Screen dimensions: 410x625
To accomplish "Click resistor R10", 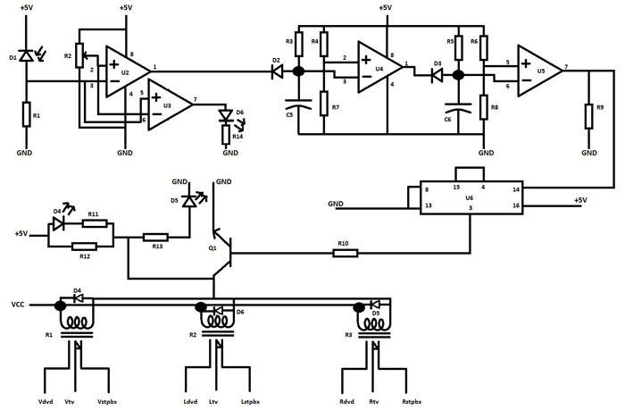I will tap(345, 253).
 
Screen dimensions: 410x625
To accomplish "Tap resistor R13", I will tap(156, 238).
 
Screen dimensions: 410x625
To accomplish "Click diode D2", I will tap(277, 71).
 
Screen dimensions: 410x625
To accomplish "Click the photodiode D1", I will tap(26, 56).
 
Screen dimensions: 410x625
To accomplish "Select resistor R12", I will tap(85, 247).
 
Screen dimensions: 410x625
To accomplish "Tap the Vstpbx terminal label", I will tap(107, 402).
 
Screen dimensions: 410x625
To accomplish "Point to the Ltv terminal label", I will tap(214, 402).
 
